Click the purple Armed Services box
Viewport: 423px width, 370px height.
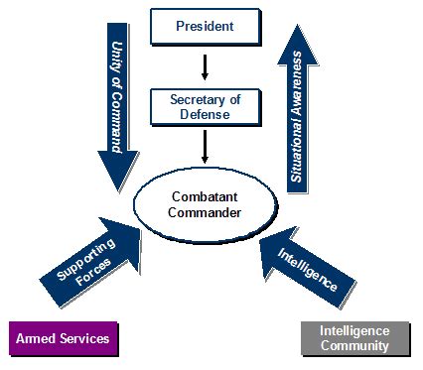(62, 338)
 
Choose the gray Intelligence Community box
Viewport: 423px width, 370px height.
(354, 337)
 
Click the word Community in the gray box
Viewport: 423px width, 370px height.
(354, 345)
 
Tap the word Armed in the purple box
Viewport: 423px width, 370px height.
(35, 338)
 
